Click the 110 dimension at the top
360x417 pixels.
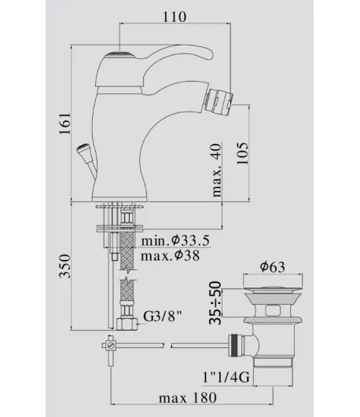point(174,16)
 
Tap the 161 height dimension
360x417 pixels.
point(64,123)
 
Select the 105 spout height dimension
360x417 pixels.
point(242,153)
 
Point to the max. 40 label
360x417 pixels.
point(217,170)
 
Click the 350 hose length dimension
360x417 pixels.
point(64,266)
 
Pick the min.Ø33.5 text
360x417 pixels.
point(175,240)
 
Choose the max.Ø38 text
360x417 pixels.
point(170,256)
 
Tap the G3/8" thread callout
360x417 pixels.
point(163,316)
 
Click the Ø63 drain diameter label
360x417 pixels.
point(273,267)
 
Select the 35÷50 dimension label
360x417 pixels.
point(215,303)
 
